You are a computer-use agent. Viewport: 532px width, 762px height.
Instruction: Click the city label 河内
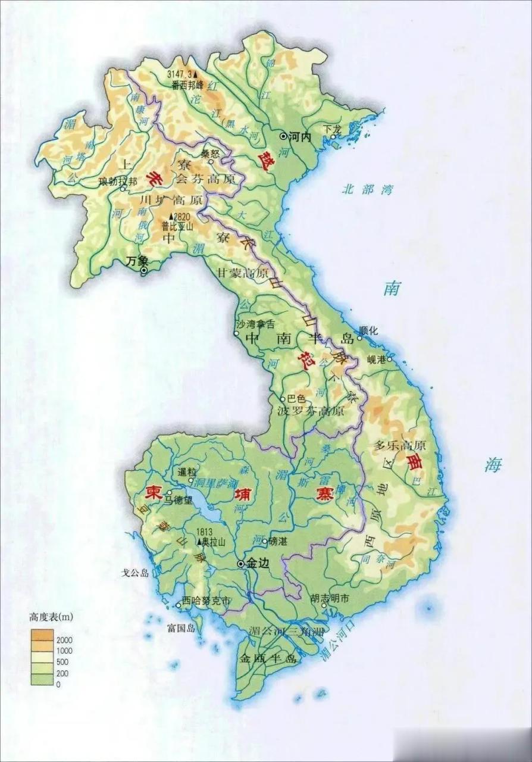(299, 136)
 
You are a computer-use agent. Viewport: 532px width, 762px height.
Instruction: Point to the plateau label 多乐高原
(400, 445)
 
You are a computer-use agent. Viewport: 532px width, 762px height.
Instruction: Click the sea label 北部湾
(368, 190)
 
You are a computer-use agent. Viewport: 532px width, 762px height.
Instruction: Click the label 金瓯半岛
(267, 658)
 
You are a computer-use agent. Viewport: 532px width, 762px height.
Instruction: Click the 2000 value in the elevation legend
(64, 639)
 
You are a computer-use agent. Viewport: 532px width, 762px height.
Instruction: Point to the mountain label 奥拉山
(214, 542)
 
